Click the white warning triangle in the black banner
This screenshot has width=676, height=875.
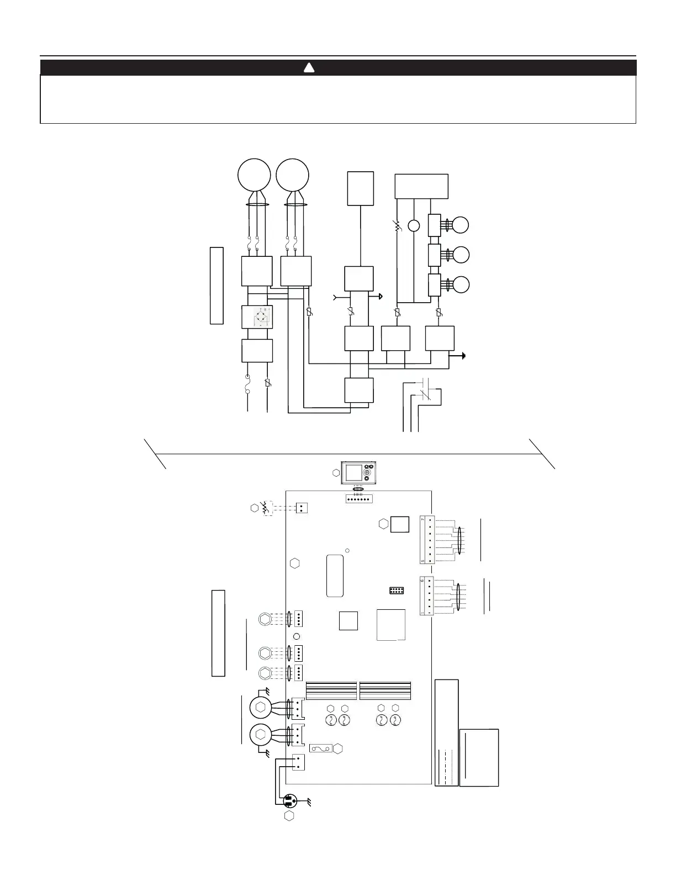click(x=309, y=68)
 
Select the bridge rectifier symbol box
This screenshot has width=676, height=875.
click(x=257, y=317)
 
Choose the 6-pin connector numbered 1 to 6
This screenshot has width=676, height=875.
click(x=427, y=596)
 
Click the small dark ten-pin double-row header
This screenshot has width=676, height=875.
click(x=396, y=591)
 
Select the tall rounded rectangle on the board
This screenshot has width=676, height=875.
click(x=335, y=576)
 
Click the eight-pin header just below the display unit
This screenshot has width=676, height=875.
click(x=359, y=499)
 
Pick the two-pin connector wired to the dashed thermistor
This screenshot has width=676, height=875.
click(x=301, y=508)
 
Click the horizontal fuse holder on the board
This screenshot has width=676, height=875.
click(x=320, y=749)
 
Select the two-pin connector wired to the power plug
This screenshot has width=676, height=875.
click(x=298, y=762)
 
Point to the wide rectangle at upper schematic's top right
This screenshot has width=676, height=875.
click(x=421, y=186)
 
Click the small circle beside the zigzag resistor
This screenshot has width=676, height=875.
click(x=414, y=225)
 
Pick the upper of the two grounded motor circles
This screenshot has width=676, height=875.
click(x=261, y=707)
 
